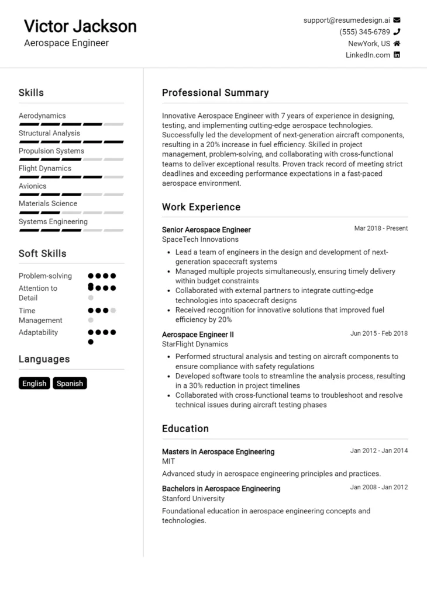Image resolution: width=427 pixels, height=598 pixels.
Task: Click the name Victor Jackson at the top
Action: [80, 26]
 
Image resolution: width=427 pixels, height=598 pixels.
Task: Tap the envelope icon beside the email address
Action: [397, 20]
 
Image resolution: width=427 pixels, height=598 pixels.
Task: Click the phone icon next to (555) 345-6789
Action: [397, 32]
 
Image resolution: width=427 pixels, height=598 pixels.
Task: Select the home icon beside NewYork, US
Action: [397, 43]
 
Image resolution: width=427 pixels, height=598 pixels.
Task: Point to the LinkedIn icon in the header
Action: [397, 55]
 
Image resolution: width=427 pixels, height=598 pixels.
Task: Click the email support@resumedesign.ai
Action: [346, 20]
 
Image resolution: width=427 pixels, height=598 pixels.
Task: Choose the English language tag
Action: [35, 384]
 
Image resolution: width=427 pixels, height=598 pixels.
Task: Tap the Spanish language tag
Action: [70, 384]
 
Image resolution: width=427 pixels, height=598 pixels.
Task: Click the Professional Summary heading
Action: [215, 93]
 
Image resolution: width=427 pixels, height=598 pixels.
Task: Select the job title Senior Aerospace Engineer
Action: [206, 230]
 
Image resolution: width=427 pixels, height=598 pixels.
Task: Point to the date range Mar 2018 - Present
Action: [381, 228]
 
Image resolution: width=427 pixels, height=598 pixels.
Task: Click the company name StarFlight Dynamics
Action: [195, 344]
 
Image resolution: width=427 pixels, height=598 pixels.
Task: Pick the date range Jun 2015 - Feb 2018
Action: [379, 333]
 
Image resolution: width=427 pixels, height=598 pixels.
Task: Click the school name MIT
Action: [168, 461]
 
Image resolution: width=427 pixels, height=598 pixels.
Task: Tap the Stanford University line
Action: [193, 499]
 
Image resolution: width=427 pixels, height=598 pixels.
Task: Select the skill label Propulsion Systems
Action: [51, 151]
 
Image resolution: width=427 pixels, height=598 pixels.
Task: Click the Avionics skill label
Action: [33, 186]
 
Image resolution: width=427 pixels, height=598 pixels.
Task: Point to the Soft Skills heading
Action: [42, 253]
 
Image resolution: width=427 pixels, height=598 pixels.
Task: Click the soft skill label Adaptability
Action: [39, 332]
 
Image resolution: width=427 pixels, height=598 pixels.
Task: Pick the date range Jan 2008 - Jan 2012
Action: [379, 487]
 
